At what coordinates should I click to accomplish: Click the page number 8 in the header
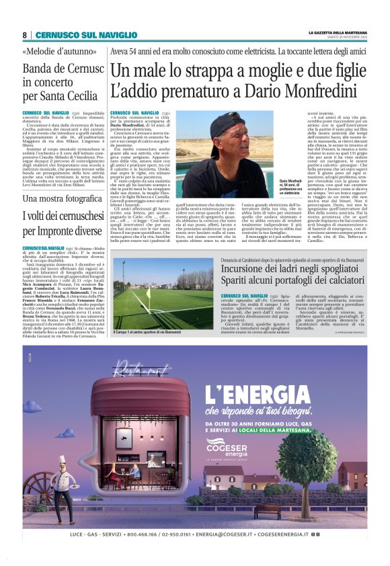point(24,35)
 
